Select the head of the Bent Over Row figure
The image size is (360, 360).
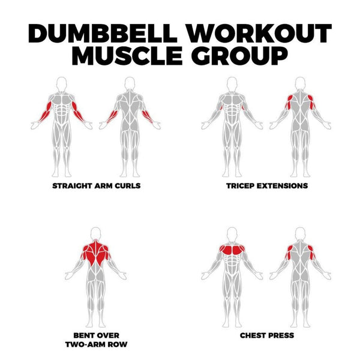tap(96, 235)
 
